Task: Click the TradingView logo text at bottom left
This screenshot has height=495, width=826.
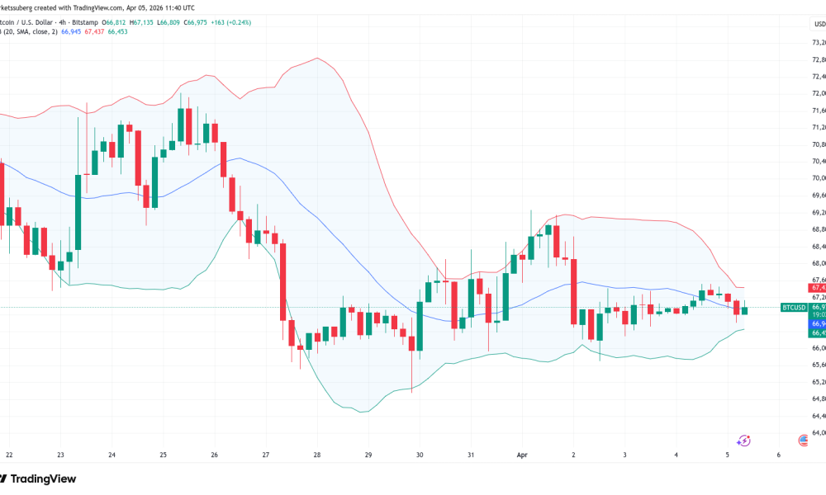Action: coord(45,478)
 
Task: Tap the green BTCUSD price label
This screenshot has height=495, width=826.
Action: coord(794,307)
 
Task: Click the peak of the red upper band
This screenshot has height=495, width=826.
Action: coord(317,59)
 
